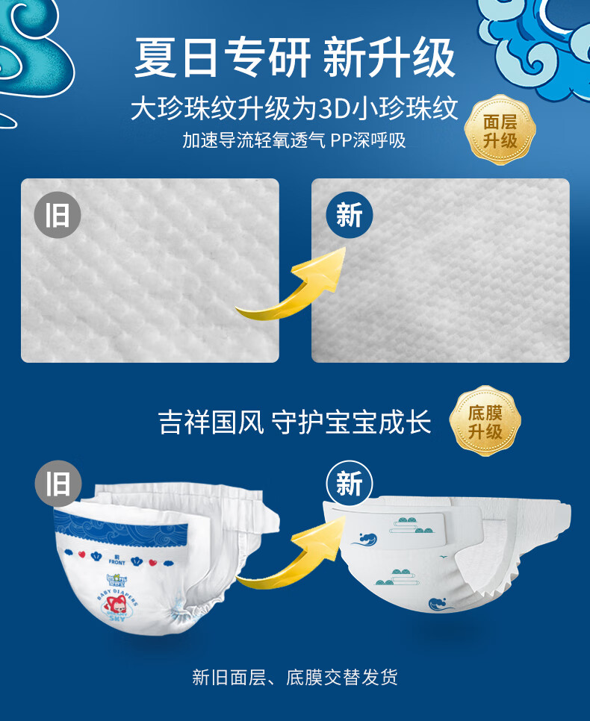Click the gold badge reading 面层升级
(500, 130)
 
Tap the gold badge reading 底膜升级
(485, 421)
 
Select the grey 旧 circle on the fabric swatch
(58, 215)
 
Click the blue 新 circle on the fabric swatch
(350, 215)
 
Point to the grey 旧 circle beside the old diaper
(58, 484)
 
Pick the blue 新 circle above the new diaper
(350, 484)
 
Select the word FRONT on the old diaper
(117, 562)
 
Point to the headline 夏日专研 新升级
(294, 57)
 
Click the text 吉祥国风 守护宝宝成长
(294, 422)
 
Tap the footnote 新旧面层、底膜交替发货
(294, 677)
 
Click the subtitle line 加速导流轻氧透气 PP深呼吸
(294, 140)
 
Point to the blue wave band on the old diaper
(121, 527)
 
